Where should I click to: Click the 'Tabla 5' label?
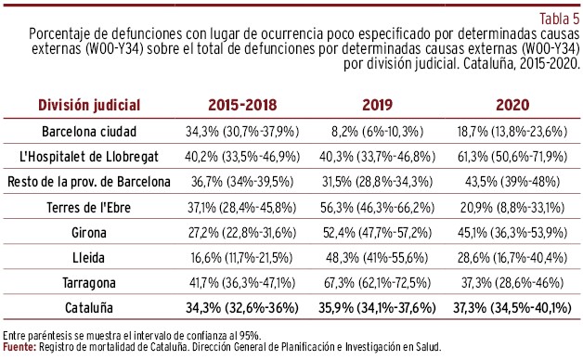(x=559, y=19)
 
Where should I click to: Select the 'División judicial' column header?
(x=89, y=105)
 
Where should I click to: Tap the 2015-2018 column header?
(x=242, y=105)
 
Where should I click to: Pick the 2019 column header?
(x=378, y=105)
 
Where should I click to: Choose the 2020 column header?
(x=512, y=105)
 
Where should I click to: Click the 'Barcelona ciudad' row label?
(x=89, y=132)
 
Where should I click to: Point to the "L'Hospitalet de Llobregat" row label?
(x=89, y=157)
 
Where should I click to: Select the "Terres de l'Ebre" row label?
(x=89, y=207)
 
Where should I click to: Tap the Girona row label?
(x=89, y=233)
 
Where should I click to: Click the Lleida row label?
(x=88, y=258)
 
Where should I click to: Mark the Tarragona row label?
(x=89, y=283)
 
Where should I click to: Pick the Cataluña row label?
(x=89, y=308)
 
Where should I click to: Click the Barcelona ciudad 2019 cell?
(x=378, y=132)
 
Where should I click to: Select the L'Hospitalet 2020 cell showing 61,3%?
(x=512, y=157)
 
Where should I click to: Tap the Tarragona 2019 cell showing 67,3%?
(x=378, y=283)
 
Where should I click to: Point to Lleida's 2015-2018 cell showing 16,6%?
(x=241, y=258)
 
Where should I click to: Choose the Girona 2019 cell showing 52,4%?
(x=378, y=233)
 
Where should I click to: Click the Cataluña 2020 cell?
(x=512, y=308)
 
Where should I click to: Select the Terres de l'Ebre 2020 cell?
(x=512, y=207)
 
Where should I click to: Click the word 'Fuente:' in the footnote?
(x=19, y=347)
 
